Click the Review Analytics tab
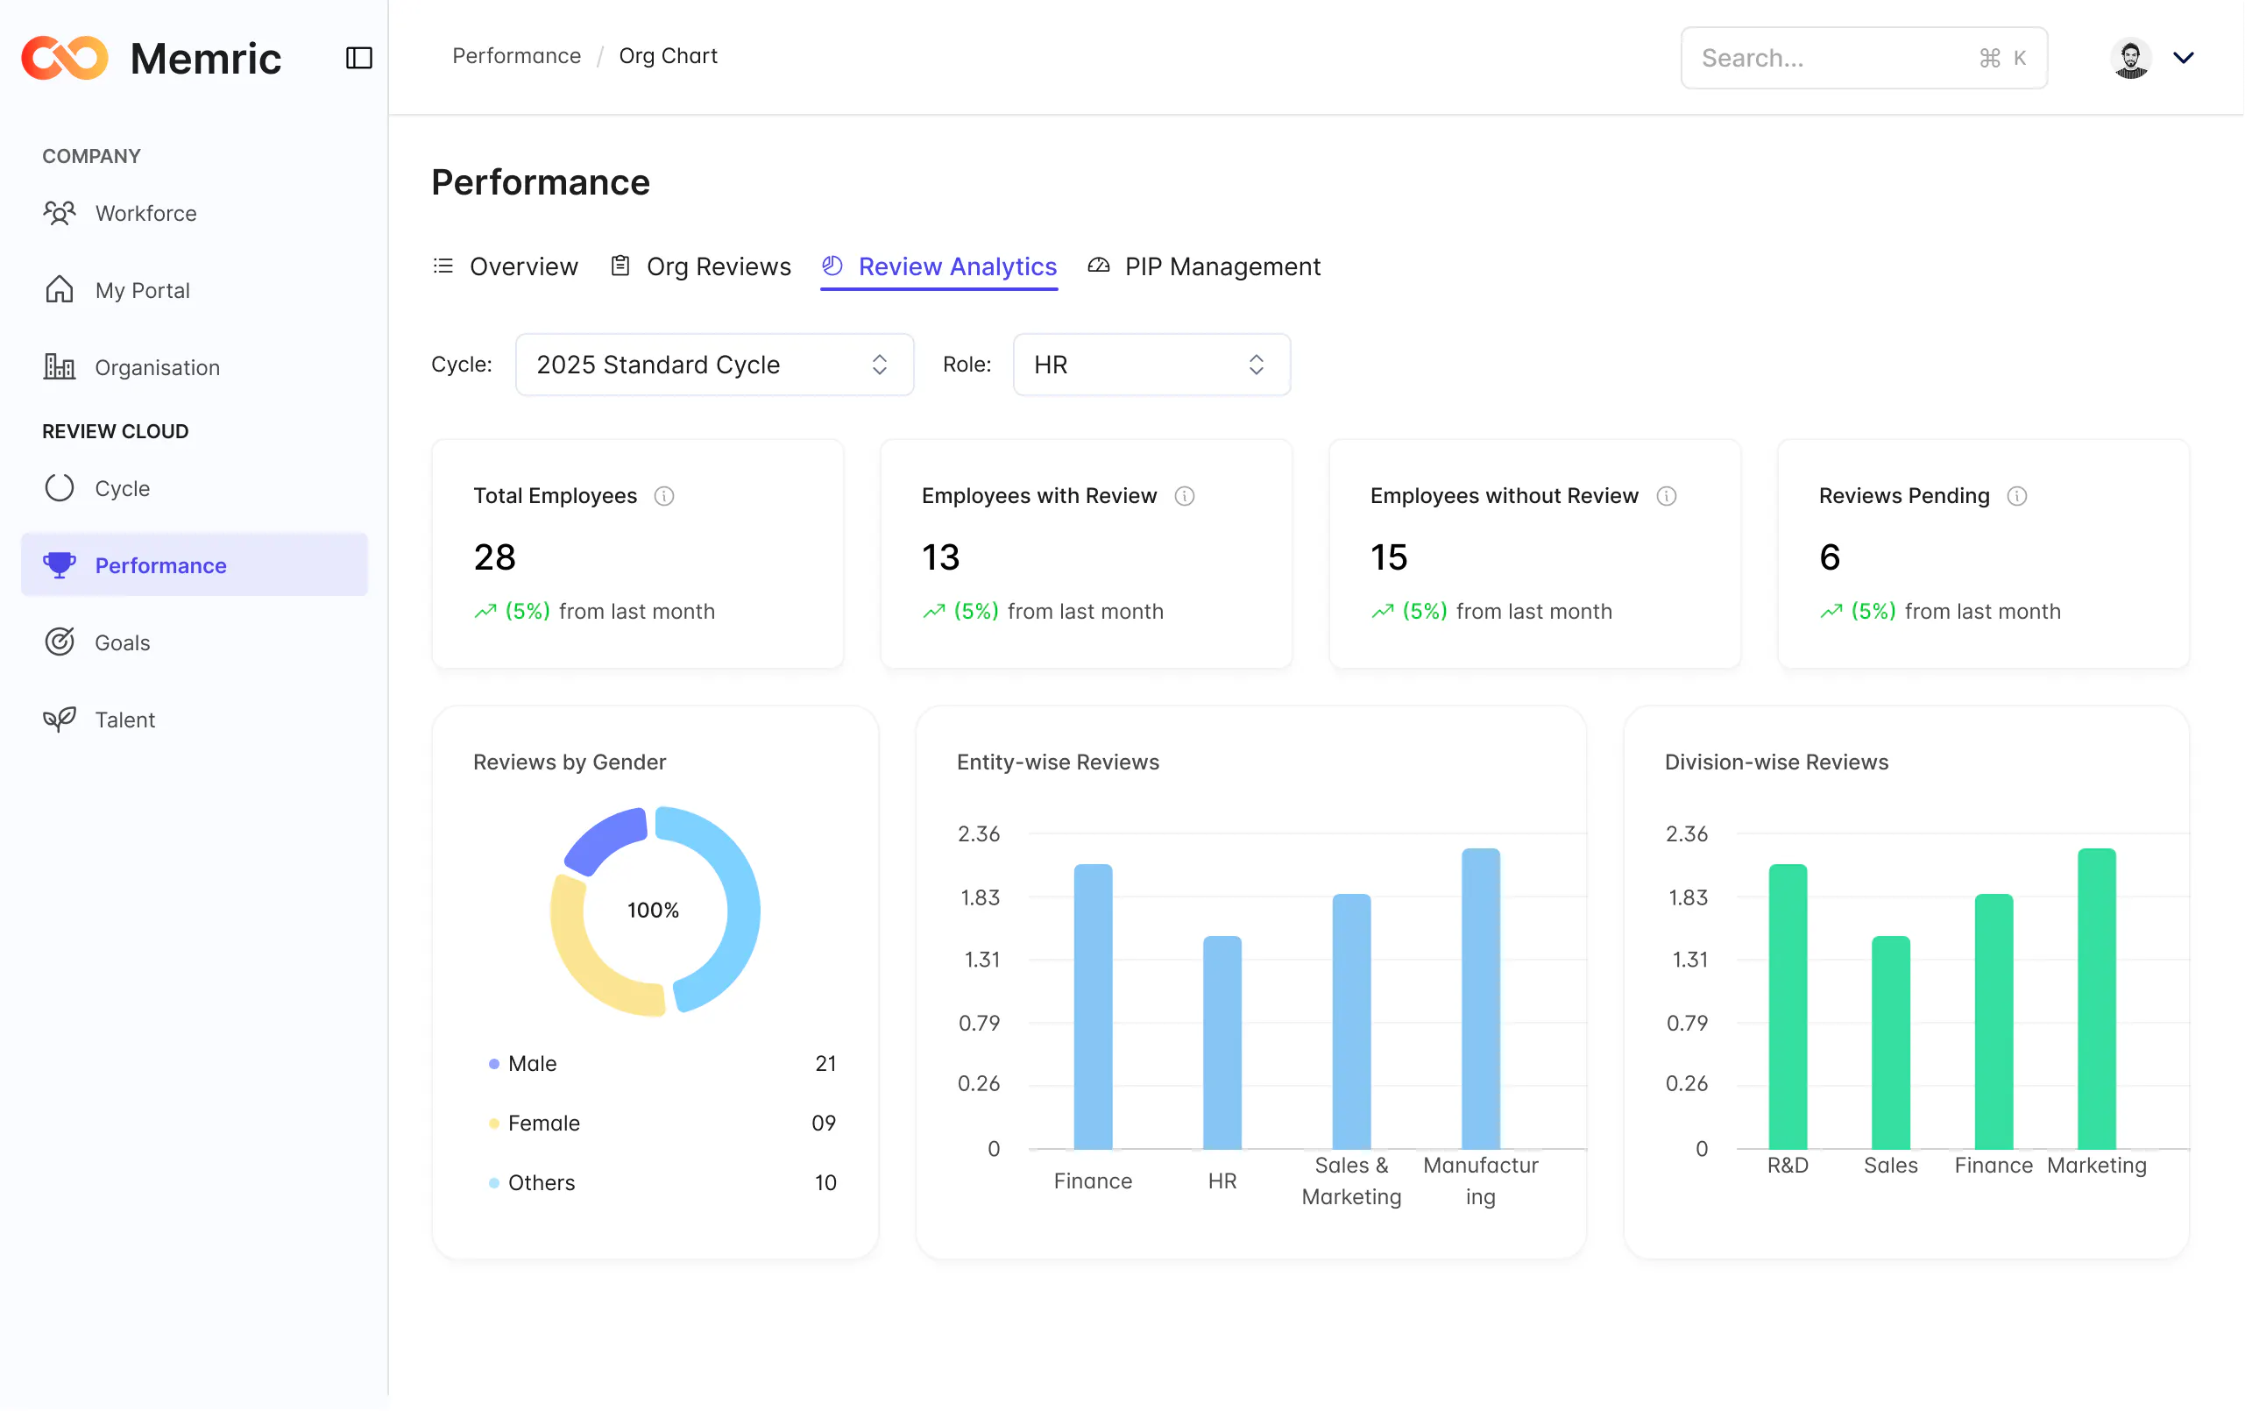[x=938, y=266]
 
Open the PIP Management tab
[x=1204, y=266]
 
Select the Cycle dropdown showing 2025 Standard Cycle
[x=714, y=365]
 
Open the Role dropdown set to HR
[x=1151, y=365]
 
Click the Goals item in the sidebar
[x=122, y=642]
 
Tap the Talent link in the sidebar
[x=125, y=720]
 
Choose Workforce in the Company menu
[x=145, y=214]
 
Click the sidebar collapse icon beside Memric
[x=359, y=58]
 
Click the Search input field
[x=1864, y=58]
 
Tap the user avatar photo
[x=2130, y=58]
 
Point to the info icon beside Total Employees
[x=664, y=496]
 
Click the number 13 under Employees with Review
[x=941, y=557]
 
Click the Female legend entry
[x=543, y=1123]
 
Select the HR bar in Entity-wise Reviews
[x=1222, y=1042]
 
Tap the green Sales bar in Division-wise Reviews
[x=1891, y=1042]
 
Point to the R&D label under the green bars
[x=1788, y=1166]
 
